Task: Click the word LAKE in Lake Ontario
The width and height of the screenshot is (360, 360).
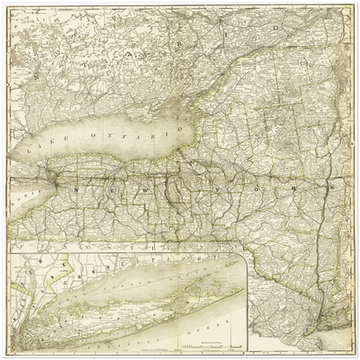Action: click(x=40, y=149)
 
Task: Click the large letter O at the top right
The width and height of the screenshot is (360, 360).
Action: click(x=277, y=29)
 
